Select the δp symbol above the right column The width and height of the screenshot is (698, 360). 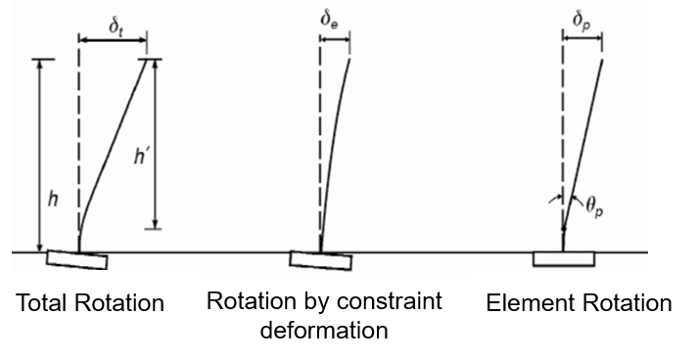click(580, 19)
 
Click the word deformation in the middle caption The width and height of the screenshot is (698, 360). click(324, 330)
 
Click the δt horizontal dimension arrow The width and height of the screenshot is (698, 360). click(114, 40)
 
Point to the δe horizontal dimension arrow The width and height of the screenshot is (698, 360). click(335, 40)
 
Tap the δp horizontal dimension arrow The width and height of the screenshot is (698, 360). click(581, 40)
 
